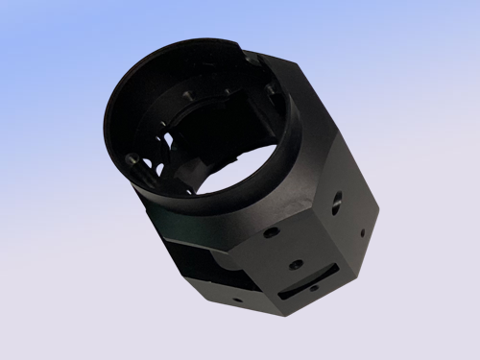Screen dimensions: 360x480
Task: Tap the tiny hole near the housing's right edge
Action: coord(362,232)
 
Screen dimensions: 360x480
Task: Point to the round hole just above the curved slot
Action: coord(296,263)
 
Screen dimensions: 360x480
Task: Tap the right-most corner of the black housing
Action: coord(377,205)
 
